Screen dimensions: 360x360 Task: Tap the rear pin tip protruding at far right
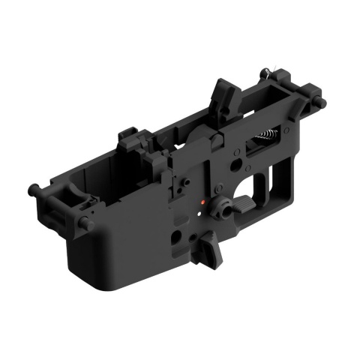coord(323,102)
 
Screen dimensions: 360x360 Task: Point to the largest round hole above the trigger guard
coord(235,160)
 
